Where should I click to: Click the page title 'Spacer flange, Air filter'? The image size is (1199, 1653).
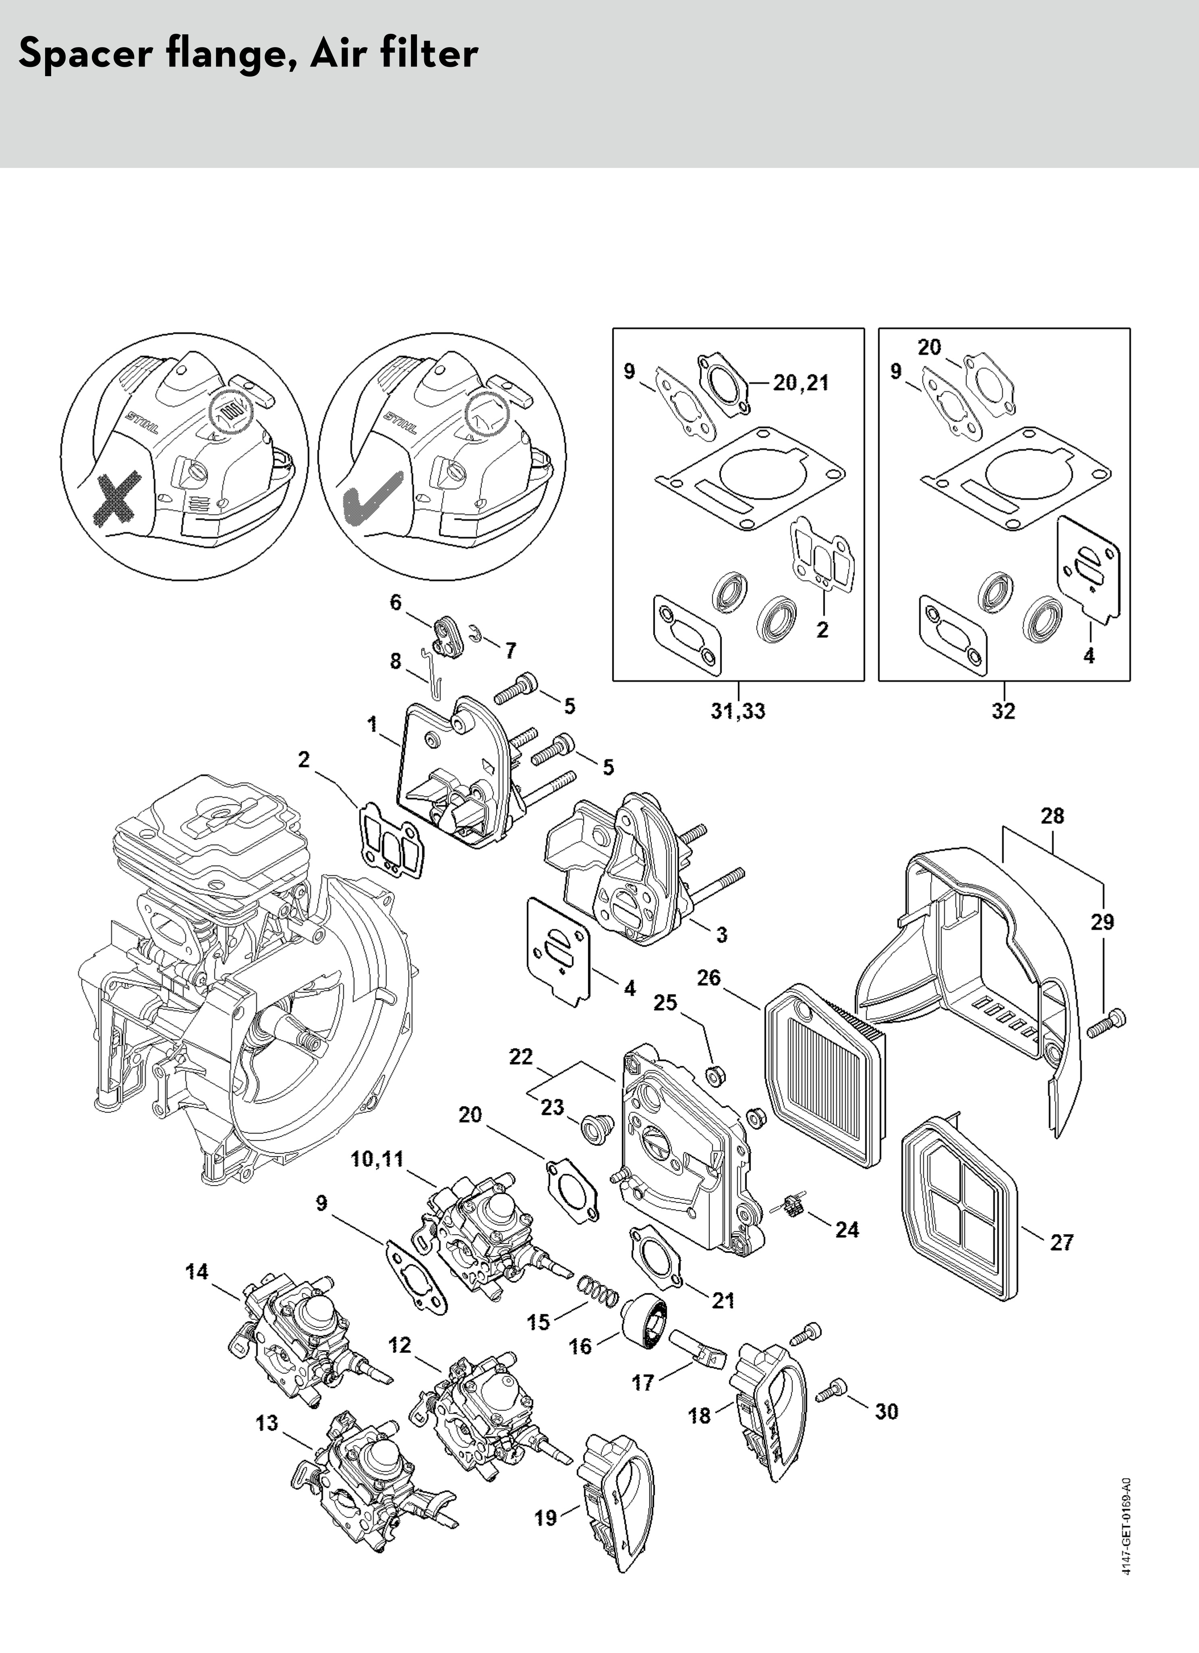tap(248, 54)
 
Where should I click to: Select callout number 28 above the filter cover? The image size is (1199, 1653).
tap(1052, 816)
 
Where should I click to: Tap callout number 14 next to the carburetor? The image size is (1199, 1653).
tap(197, 1272)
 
